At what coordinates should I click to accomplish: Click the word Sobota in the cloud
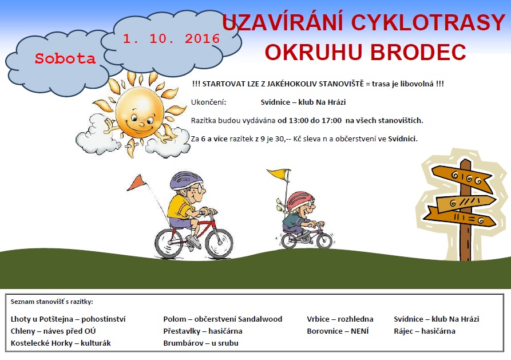pos(65,59)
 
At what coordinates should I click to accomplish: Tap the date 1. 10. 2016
pos(172,39)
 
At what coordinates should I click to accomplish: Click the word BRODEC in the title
pos(418,52)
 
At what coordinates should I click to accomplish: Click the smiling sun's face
pos(140,113)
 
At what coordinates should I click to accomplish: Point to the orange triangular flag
pos(136,183)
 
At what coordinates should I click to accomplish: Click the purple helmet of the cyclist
pos(186,180)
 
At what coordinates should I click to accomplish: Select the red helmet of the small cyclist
pos(300,200)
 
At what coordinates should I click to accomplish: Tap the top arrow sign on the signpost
pos(462,178)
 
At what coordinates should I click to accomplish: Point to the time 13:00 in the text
pos(298,121)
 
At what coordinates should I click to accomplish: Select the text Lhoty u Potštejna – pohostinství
pos(68,319)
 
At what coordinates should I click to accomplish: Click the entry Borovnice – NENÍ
pos(338,331)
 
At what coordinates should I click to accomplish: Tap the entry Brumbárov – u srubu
pos(201,343)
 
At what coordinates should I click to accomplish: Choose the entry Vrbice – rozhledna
pos(340,319)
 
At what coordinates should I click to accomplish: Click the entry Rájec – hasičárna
pos(425,331)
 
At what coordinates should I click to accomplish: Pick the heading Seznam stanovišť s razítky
pos(52,302)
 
